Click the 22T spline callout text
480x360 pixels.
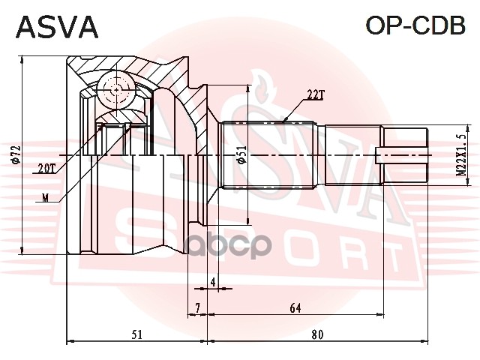[x=315, y=94]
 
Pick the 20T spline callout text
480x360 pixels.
[x=46, y=169]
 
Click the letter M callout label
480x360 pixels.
[x=46, y=199]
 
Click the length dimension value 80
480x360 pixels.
[x=317, y=334]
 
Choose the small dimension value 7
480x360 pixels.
[x=196, y=307]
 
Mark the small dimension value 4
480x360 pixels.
[x=213, y=282]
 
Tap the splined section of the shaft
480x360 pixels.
[x=270, y=156]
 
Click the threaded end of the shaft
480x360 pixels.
[x=405, y=156]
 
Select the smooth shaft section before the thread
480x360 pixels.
[x=352, y=156]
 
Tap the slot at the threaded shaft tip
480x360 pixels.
[x=405, y=156]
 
